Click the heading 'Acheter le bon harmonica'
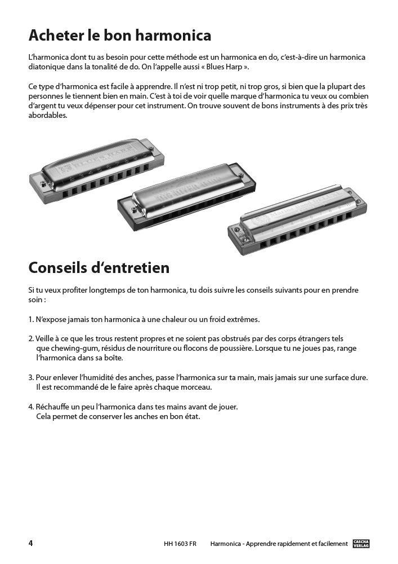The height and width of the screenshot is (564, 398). (120, 36)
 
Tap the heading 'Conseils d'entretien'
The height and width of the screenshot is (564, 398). (99, 267)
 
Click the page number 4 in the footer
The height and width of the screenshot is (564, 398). (31, 543)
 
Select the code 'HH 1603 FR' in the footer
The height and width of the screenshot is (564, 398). (180, 544)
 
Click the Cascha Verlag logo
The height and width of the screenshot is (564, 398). (361, 544)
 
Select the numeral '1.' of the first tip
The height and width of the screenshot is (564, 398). (31, 319)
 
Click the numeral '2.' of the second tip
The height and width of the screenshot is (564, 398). (31, 339)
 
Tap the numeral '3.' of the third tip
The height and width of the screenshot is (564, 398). (31, 378)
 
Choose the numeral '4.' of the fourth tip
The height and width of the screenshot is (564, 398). (31, 407)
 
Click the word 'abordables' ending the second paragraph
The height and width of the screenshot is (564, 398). (47, 116)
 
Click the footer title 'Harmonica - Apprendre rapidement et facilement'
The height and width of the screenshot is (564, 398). (279, 544)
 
